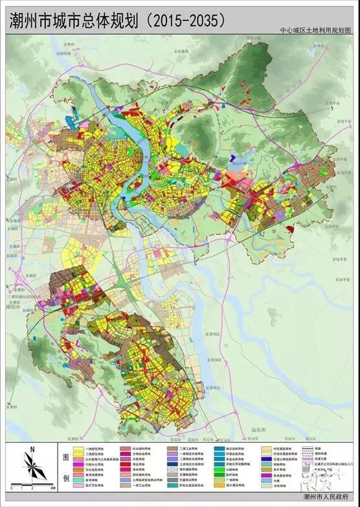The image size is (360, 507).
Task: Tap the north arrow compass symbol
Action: (30, 462)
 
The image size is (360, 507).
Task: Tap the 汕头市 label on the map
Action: (258, 429)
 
